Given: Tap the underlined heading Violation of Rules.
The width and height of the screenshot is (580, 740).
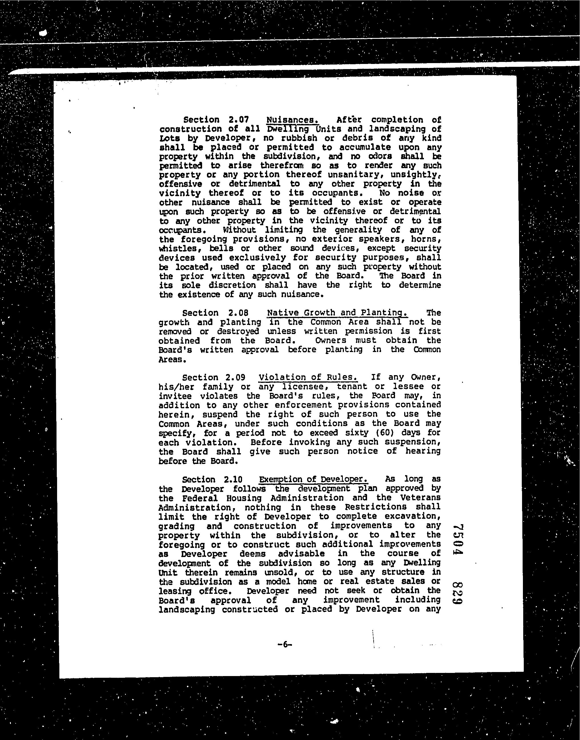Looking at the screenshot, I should [x=308, y=377].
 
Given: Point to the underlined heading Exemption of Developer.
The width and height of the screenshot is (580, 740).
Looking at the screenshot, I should [x=313, y=479].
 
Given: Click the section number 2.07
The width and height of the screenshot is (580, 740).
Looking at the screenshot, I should [x=239, y=120].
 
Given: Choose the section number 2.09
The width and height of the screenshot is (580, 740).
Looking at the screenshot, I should [x=234, y=377].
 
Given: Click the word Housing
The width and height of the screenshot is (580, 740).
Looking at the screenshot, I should [x=244, y=498].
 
